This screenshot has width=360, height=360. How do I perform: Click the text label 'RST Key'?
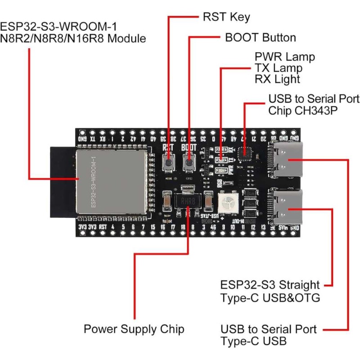[225, 18]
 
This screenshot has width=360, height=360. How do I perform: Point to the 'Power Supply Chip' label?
[134, 329]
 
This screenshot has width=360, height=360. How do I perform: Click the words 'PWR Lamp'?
[284, 58]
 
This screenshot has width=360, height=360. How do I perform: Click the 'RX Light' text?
[277, 79]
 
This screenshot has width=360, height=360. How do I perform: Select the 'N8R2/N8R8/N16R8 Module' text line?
[73, 39]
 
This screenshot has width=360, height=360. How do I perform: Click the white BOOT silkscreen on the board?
[189, 146]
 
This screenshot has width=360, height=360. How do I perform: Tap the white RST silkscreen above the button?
[168, 146]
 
